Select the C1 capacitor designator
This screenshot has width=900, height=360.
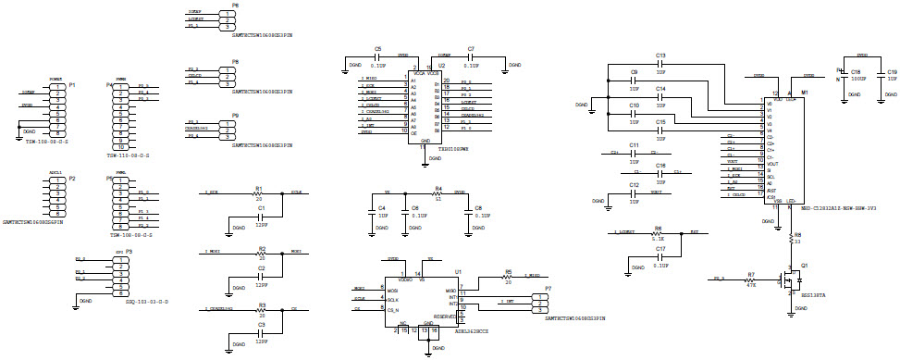coord(262,209)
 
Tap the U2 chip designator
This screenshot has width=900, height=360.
coord(441,66)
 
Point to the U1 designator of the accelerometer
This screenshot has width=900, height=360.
coord(458,271)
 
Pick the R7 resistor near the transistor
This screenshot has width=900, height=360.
coord(751,274)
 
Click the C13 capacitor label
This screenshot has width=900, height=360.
coord(660,56)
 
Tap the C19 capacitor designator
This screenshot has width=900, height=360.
coord(892,71)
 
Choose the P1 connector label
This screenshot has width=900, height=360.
coord(71,84)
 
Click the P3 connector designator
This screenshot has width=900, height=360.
coord(129,251)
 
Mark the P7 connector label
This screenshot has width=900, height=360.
coord(548,289)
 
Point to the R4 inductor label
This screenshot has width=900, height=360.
coord(438,188)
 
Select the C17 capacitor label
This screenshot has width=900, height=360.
coord(660,249)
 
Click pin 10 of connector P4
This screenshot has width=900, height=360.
coord(119,147)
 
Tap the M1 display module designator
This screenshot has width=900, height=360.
coord(805,93)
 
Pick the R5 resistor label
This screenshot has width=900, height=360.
coord(508,271)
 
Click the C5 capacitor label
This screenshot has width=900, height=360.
coord(377,47)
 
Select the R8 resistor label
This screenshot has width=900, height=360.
coord(796,235)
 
